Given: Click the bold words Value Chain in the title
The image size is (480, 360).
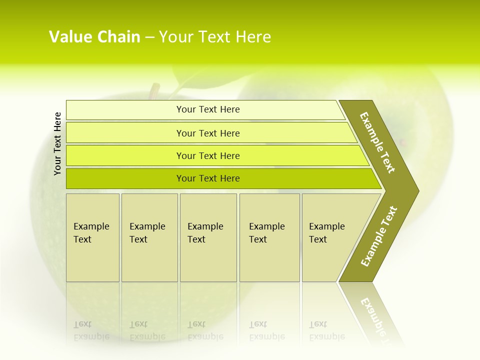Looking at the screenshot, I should coord(94,37).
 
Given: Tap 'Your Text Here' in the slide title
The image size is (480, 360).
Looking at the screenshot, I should coord(215,37).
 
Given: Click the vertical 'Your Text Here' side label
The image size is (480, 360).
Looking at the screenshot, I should coord(57,143).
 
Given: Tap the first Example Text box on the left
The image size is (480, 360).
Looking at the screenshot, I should coord(92,237).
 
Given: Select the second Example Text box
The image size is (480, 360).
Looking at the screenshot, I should coord(149,237).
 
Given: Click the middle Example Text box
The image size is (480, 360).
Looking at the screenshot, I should coord(208,237).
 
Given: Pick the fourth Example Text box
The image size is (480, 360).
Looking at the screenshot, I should coord(269,237).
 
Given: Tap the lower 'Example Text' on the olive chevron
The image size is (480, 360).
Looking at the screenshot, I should coord(378,236).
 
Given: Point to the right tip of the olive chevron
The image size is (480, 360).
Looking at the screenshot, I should coord(417,190).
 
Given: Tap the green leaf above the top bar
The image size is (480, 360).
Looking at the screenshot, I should coord(187,80).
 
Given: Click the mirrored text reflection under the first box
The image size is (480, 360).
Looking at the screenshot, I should coord(91,330).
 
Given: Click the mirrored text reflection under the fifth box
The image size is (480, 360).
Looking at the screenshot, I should coord(327,330).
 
